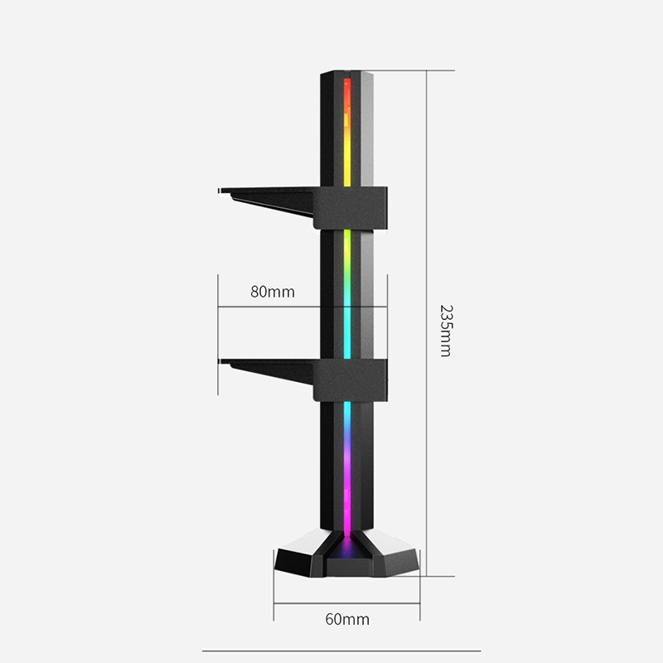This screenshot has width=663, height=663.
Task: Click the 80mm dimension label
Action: (273, 292)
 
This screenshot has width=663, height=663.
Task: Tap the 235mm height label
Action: (446, 331)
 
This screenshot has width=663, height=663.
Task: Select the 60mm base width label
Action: (347, 619)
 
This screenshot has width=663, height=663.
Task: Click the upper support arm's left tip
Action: (219, 191)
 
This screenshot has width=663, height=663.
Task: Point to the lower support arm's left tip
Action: (220, 361)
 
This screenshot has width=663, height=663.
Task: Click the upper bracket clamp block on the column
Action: (350, 208)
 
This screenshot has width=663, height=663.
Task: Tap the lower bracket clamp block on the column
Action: (350, 380)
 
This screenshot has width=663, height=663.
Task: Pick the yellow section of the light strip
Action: (347, 157)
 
